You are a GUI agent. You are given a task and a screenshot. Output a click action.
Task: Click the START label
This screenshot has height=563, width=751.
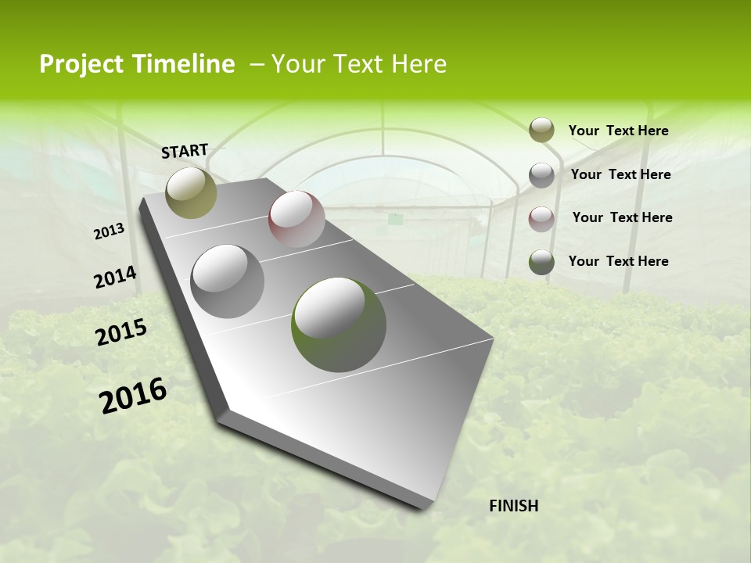click(185, 151)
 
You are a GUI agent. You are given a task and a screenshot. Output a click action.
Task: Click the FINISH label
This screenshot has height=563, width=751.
click(514, 506)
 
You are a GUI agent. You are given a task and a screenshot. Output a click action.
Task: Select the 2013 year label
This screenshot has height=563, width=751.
click(110, 231)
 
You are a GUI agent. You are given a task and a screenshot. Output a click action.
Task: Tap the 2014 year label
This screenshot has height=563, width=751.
click(116, 278)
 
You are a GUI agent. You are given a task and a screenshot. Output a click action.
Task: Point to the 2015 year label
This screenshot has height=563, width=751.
click(121, 332)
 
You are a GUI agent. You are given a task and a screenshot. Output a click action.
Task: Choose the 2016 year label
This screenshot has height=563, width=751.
click(133, 396)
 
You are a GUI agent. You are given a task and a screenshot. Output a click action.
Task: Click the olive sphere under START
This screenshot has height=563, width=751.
click(191, 192)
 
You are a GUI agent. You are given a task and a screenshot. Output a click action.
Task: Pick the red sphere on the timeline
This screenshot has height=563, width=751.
click(296, 219)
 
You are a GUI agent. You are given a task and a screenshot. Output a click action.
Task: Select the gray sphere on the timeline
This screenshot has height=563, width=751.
click(228, 281)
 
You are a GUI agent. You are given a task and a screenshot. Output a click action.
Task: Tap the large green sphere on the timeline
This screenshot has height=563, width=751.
click(339, 324)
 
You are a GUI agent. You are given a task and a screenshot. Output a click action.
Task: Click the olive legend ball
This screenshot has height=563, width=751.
click(541, 130)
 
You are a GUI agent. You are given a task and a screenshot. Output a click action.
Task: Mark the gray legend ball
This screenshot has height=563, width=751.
click(541, 175)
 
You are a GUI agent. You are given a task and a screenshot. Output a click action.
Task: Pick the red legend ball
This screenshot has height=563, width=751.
click(541, 219)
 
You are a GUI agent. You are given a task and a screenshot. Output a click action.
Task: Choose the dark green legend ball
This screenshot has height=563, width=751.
click(541, 263)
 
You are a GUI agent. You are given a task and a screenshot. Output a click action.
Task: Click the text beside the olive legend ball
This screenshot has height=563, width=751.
click(618, 131)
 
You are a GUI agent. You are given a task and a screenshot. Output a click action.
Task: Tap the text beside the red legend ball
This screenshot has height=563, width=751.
click(622, 217)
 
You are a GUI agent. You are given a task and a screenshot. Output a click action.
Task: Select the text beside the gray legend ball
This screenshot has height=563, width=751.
click(620, 174)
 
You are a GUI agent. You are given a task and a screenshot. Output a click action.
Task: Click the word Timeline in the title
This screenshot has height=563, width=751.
click(180, 64)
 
